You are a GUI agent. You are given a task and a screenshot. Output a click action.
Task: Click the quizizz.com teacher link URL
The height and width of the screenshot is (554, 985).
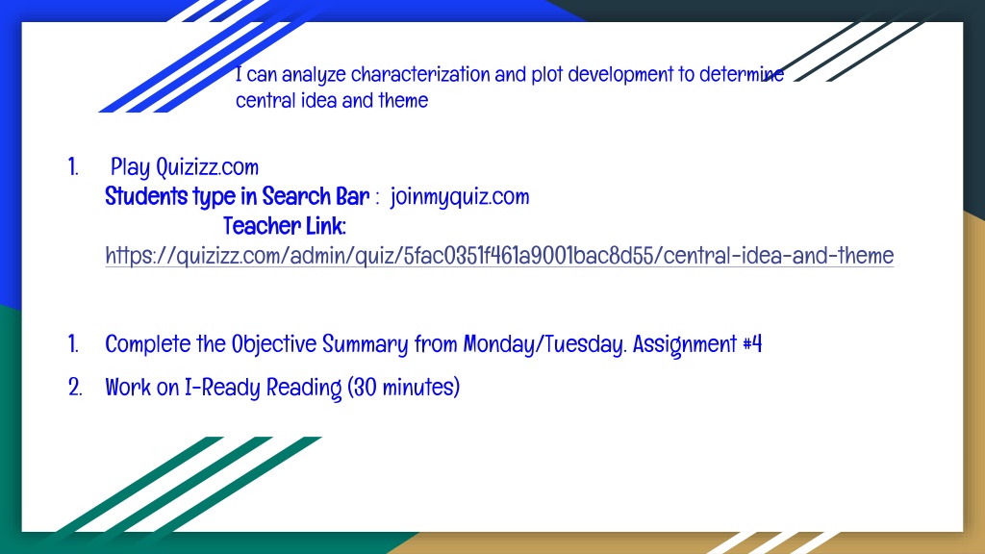point(499,256)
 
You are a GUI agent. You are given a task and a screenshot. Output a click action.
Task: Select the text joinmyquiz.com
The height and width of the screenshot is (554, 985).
point(460,197)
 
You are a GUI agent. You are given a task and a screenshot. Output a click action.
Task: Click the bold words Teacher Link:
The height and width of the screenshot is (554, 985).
point(285,226)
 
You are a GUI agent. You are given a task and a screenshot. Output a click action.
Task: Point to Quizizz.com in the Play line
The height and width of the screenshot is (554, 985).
point(208,167)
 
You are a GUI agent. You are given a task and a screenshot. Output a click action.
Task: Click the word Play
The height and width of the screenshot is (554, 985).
point(131,167)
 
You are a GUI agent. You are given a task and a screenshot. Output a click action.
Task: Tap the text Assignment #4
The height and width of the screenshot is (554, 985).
point(697,345)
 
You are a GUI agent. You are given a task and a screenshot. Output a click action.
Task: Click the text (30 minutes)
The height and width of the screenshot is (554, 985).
point(403,388)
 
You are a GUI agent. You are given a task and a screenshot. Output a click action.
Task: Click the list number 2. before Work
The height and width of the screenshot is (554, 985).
point(75,388)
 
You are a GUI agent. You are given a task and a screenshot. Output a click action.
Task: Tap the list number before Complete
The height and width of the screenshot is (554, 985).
point(73,344)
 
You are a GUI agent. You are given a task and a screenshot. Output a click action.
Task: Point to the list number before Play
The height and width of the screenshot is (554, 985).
point(73,167)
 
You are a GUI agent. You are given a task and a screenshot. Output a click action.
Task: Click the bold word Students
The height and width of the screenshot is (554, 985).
point(146,196)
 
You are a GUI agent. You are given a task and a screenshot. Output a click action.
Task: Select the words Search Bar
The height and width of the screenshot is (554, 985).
point(316,196)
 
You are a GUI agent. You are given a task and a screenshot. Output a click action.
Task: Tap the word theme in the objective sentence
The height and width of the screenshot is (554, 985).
point(403,100)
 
